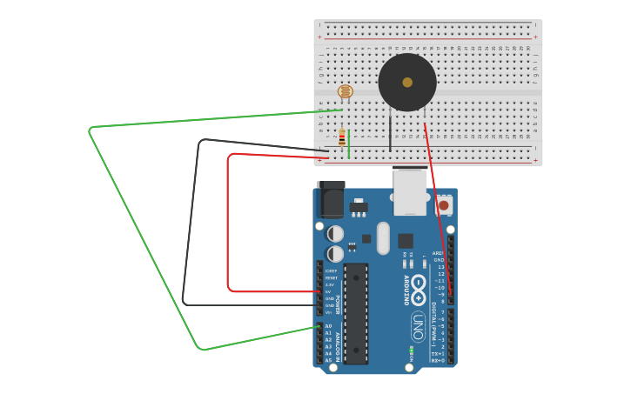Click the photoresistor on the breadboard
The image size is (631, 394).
coord(345,91)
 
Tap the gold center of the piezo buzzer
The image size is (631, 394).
coord(407,83)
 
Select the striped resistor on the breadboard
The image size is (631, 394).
coord(341,138)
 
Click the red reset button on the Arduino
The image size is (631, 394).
coord(444,205)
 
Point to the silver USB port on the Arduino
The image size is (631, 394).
coord(410,191)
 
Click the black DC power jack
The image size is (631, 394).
coord(331,200)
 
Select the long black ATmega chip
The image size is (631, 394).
coord(356,313)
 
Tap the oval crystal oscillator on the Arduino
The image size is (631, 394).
coord(383,237)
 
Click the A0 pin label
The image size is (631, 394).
coord(328,326)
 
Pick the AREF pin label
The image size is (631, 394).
coord(439,253)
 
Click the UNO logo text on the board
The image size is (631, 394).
coord(419,326)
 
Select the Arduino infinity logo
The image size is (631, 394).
coord(419,285)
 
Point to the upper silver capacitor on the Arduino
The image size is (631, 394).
coord(335,233)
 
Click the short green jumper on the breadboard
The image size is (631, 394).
coord(349,144)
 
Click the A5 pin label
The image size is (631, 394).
coord(328,360)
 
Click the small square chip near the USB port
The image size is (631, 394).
coord(406,241)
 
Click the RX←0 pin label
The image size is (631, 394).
coord(438,360)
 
